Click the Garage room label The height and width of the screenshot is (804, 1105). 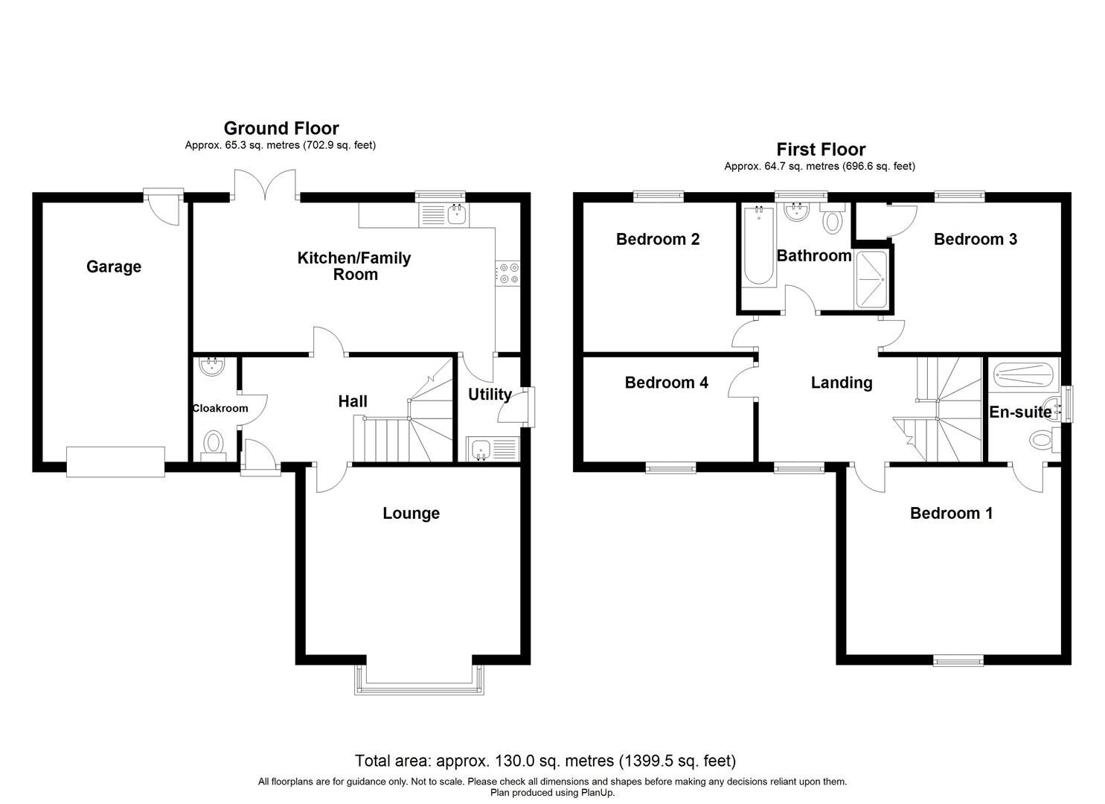click(113, 267)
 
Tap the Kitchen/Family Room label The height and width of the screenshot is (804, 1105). click(354, 267)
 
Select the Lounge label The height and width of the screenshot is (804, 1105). click(411, 513)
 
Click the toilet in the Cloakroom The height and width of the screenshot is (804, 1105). click(214, 444)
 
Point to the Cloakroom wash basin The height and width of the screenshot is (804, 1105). click(213, 366)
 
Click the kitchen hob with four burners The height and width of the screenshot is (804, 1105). click(509, 273)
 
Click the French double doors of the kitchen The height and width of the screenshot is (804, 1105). click(266, 186)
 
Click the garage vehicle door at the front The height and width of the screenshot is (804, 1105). click(115, 462)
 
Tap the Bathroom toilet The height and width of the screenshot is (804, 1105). click(833, 220)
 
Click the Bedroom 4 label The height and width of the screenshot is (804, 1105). click(666, 383)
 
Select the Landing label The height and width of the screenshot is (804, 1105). click(841, 383)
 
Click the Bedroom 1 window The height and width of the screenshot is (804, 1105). click(958, 660)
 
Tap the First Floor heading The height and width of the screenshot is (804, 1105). click(821, 150)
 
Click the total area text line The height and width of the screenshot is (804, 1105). click(545, 761)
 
